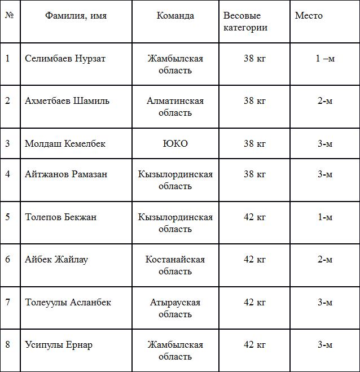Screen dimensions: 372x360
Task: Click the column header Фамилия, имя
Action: [x=76, y=16]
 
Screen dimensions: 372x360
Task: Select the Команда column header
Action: [x=175, y=16]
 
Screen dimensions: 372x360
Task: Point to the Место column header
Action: [x=309, y=16]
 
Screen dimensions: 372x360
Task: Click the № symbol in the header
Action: [x=9, y=15]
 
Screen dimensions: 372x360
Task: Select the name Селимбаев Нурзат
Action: [x=65, y=59]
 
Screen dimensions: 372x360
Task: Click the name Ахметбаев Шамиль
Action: [x=67, y=101]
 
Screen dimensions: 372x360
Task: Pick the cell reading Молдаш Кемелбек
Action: [x=65, y=144]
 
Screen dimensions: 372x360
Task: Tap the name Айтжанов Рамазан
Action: [x=66, y=174]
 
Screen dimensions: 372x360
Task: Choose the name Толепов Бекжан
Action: [x=60, y=217]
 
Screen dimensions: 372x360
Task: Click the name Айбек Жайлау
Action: [x=56, y=260]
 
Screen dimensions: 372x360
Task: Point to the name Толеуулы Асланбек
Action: [x=68, y=303]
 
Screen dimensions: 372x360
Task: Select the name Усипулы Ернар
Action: [x=59, y=345]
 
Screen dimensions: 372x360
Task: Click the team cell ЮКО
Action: [x=175, y=144]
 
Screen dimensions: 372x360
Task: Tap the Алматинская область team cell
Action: [x=175, y=107]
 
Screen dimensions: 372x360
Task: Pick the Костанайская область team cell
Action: [x=175, y=265]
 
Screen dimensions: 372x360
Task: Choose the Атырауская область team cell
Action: [x=175, y=308]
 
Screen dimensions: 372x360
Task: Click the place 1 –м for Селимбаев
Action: [x=325, y=59]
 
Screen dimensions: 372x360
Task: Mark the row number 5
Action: [x=8, y=217]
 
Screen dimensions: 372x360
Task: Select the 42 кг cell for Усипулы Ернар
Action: [x=254, y=345]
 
